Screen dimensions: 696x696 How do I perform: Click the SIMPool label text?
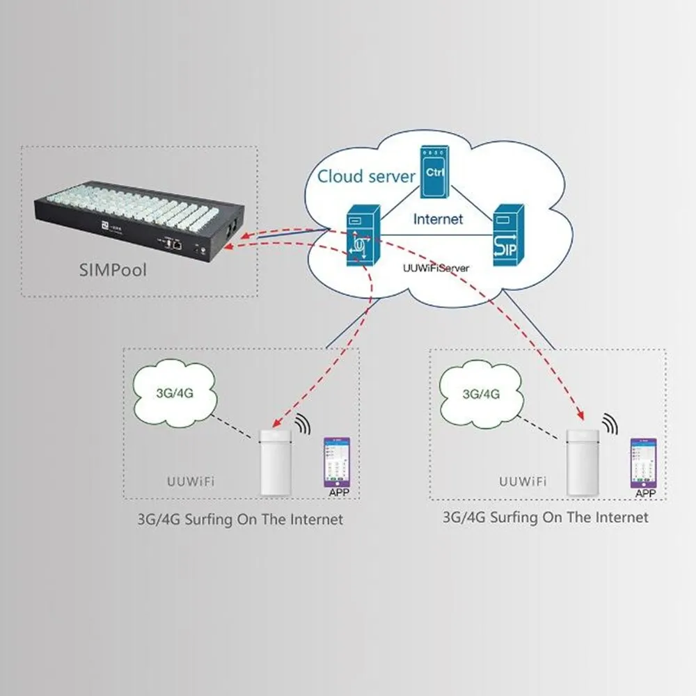pos(112,269)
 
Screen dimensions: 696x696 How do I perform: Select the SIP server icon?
pos(509,233)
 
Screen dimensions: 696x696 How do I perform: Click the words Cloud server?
pos(366,176)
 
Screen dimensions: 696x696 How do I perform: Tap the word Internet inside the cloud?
pos(438,219)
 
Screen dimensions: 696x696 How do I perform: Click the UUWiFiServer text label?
pos(436,267)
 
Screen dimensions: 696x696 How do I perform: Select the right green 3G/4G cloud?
pos(481,393)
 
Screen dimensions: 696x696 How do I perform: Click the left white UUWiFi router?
pos(274,462)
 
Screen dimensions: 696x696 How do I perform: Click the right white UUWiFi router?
pos(581,462)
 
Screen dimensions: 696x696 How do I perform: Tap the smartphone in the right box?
pos(644,463)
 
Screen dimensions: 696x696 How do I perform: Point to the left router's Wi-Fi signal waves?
pos(302,424)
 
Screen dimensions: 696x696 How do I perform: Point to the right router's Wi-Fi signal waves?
pos(610,423)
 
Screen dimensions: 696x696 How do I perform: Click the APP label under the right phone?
pos(646,493)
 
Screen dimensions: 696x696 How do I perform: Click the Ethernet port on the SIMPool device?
pos(178,244)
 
